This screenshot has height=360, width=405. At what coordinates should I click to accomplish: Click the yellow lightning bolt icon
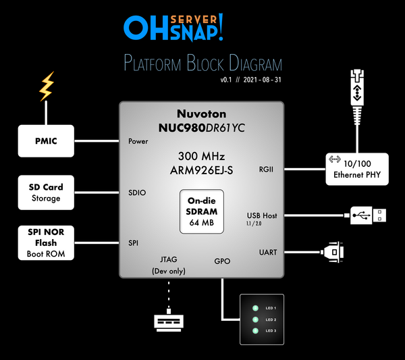[46, 87]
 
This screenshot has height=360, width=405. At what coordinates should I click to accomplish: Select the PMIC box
[46, 141]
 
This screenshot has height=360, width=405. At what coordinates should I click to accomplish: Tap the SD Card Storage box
[46, 192]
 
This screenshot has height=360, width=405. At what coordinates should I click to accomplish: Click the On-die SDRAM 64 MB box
[201, 211]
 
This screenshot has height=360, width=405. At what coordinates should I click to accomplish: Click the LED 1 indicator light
[255, 307]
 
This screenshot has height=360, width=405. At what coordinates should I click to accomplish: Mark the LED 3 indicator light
[255, 330]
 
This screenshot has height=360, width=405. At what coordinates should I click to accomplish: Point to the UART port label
[268, 252]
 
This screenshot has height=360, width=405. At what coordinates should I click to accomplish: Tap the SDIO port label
[137, 192]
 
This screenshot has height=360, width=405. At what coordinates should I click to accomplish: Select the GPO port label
[222, 261]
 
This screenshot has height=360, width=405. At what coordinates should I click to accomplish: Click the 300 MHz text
[201, 156]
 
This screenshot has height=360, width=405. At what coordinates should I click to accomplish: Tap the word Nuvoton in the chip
[201, 113]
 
